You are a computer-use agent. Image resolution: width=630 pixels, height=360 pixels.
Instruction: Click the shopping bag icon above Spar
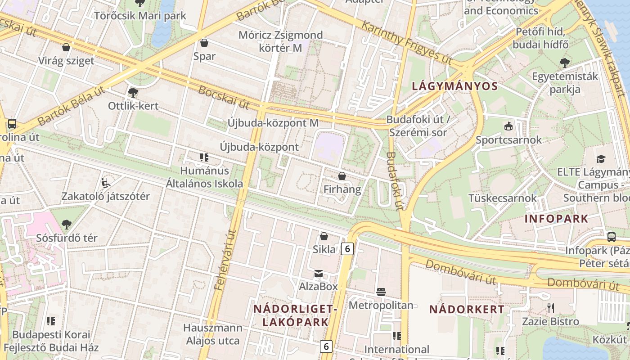(204, 43)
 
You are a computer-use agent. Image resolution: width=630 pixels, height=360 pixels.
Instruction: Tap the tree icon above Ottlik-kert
(133, 92)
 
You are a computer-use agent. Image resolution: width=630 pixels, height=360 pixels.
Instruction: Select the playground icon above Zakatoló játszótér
(106, 183)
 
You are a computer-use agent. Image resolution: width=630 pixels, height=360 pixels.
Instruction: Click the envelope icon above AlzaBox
(319, 273)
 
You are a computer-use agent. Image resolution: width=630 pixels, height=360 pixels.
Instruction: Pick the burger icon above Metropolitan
(381, 292)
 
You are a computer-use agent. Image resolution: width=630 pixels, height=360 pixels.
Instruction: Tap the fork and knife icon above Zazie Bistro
(550, 308)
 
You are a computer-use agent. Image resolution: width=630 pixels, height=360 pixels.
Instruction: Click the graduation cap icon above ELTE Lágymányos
(601, 159)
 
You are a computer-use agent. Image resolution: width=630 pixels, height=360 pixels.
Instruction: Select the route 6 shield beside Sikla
(347, 248)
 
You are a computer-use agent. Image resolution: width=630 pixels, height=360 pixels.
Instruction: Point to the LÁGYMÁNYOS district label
(455, 86)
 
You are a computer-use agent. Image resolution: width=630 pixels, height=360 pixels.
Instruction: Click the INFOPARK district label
(556, 219)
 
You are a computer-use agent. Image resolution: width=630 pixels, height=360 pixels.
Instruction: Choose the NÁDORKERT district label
(467, 310)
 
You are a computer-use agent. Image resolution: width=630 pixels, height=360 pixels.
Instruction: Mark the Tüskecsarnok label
(503, 198)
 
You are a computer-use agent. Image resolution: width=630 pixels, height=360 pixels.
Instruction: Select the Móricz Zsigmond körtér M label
(280, 41)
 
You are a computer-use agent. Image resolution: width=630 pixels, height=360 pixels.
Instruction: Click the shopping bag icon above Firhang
(342, 176)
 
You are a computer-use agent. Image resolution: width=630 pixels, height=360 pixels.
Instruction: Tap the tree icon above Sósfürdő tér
(67, 224)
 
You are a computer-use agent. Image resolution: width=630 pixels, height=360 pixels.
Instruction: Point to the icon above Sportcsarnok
(508, 126)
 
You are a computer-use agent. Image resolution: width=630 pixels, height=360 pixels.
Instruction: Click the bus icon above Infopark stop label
(611, 237)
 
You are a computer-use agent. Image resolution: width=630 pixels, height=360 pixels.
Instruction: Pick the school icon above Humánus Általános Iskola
(204, 157)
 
